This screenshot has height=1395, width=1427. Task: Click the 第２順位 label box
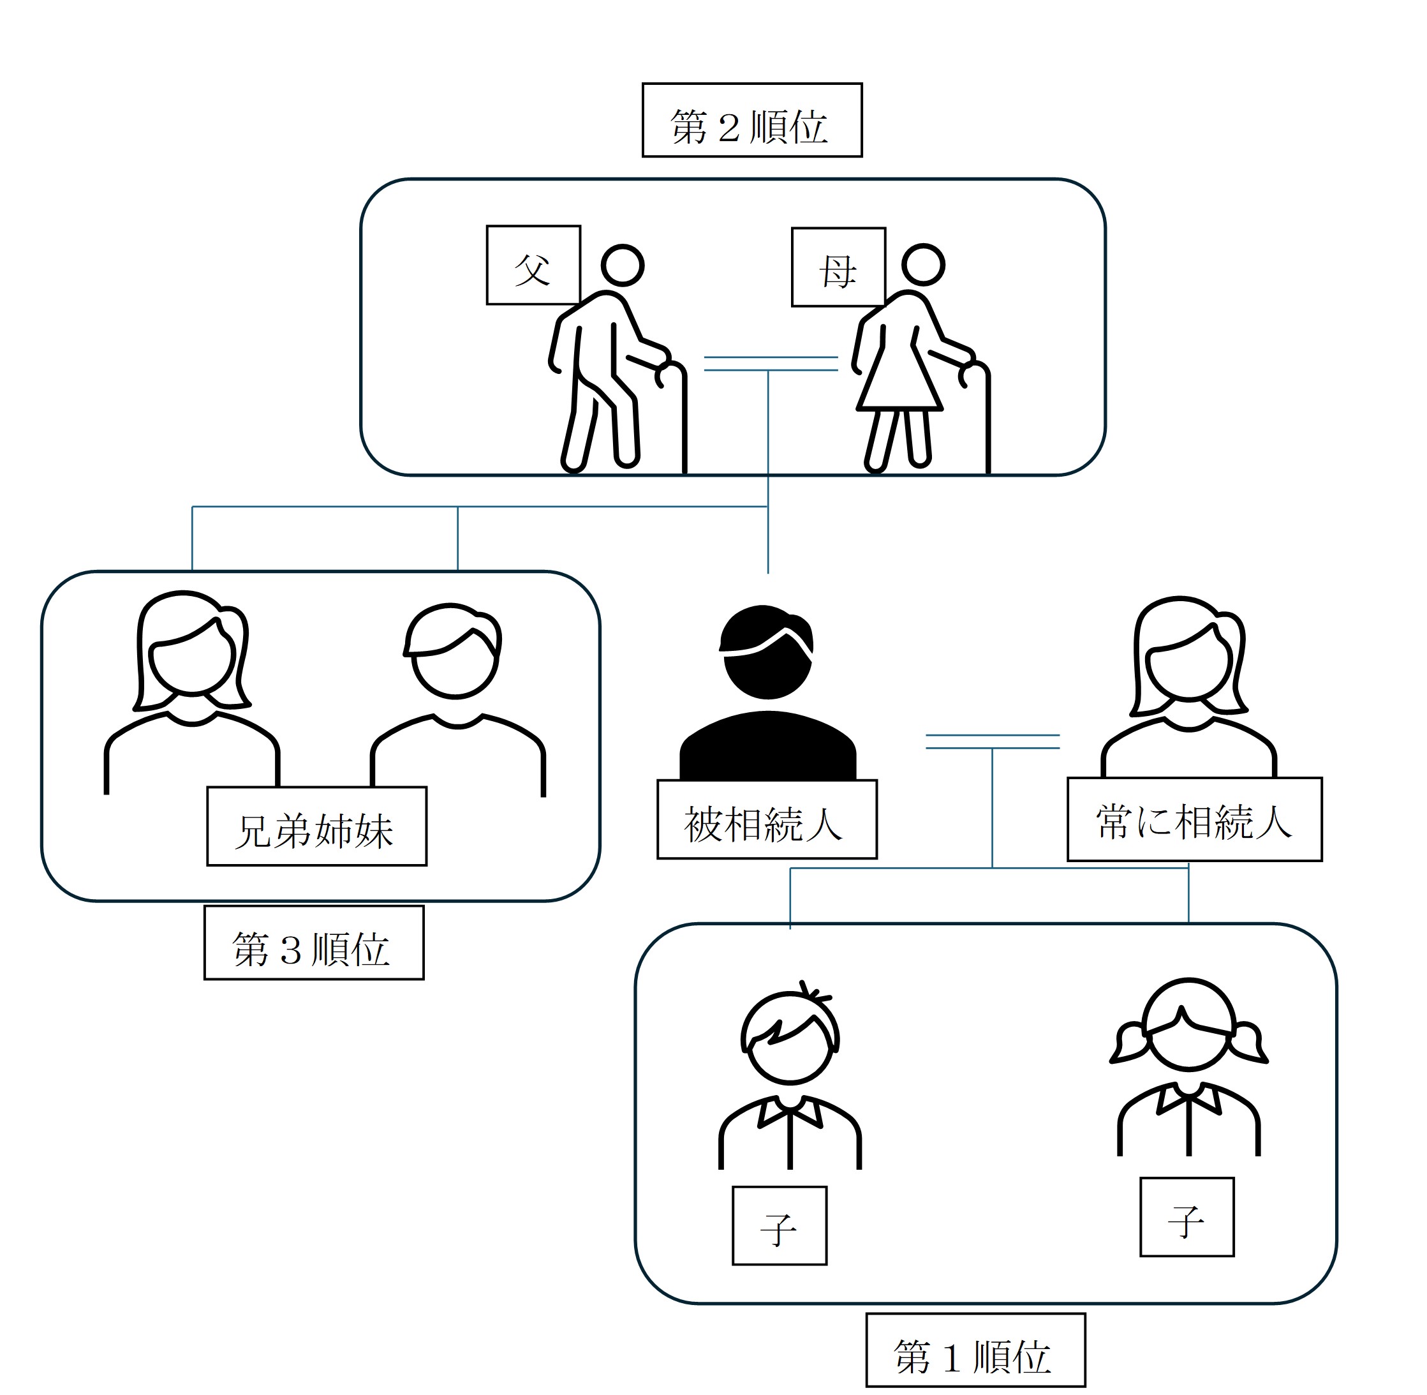tap(751, 120)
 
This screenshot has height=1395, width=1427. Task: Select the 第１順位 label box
tap(975, 1350)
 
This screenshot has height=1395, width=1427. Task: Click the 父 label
tap(533, 265)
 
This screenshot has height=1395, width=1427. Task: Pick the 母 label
tap(838, 267)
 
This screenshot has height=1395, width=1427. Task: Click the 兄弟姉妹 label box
tap(316, 826)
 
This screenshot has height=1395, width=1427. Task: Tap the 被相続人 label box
tap(766, 819)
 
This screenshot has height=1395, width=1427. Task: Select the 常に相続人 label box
tap(1194, 819)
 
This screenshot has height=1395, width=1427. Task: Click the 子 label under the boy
tap(780, 1226)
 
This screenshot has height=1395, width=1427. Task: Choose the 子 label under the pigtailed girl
tap(1187, 1217)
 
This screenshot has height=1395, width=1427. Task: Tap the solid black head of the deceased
tap(766, 652)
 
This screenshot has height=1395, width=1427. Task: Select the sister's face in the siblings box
tap(192, 658)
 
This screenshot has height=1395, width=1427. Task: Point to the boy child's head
tap(790, 1040)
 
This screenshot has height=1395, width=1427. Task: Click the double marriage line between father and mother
tap(770, 363)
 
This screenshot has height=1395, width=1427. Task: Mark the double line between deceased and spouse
tap(992, 742)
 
